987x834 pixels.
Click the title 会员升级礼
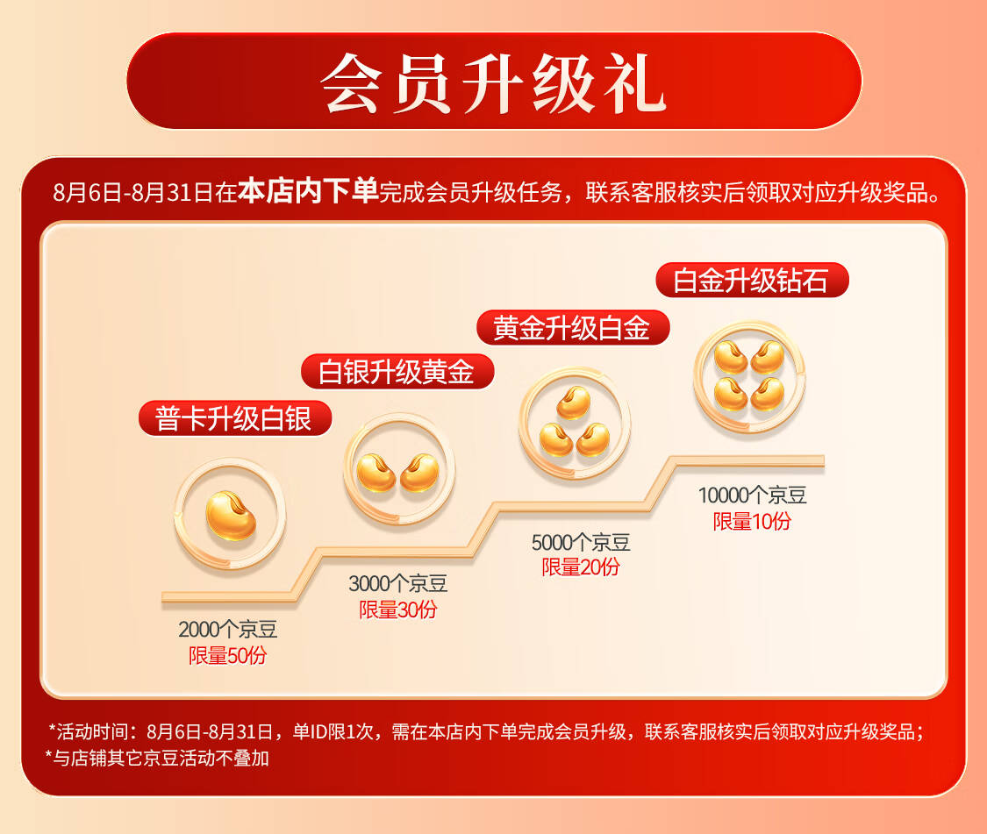[493, 82]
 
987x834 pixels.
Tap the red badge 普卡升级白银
[235, 418]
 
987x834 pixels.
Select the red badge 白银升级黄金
[397, 371]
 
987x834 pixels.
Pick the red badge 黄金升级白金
[573, 327]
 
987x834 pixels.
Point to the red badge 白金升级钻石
[752, 280]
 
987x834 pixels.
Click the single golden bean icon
[231, 515]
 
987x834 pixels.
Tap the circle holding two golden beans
[399, 469]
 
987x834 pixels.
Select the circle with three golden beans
[574, 423]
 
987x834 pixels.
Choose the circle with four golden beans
[749, 377]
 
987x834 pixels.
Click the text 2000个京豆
[228, 629]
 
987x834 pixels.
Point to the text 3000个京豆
[397, 583]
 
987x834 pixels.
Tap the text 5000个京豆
[581, 542]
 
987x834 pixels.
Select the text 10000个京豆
[752, 495]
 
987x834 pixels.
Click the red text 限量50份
[228, 655]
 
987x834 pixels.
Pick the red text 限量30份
[397, 609]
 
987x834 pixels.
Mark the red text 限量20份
[581, 567]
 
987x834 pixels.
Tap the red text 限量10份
[752, 521]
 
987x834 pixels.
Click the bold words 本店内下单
[308, 190]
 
